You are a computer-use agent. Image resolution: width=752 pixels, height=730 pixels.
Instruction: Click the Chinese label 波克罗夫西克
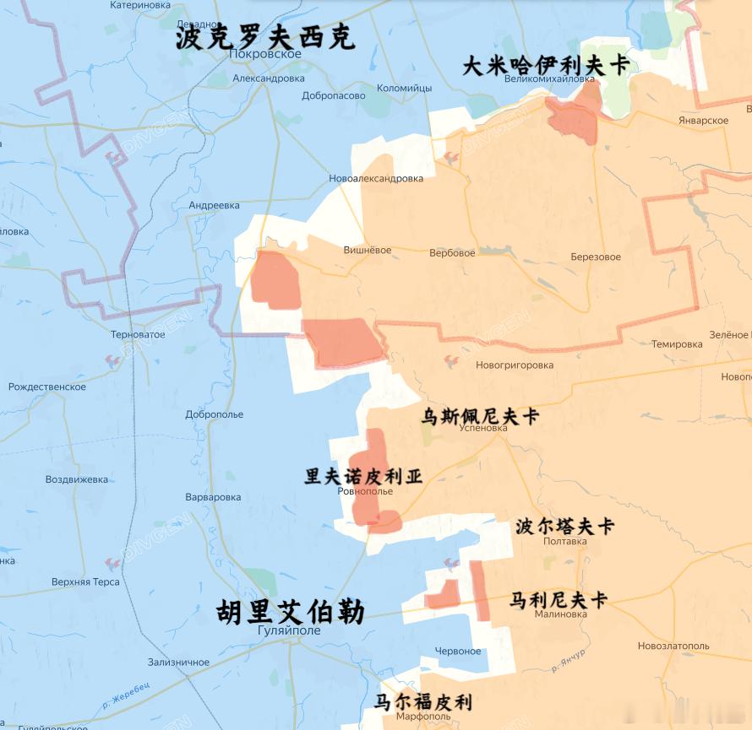click(x=264, y=37)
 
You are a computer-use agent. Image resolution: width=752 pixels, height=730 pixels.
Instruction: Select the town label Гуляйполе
click(x=289, y=630)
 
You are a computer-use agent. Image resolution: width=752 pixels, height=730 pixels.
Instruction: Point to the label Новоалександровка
click(x=376, y=178)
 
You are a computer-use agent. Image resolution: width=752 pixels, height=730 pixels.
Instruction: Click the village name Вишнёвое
click(x=368, y=250)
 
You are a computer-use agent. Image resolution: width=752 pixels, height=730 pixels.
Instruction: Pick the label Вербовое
click(x=452, y=252)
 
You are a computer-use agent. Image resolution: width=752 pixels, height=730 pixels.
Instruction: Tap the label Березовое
click(x=596, y=257)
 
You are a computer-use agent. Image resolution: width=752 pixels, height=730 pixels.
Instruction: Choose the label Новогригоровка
click(x=515, y=365)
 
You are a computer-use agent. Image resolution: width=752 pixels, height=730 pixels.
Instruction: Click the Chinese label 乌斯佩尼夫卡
click(x=480, y=415)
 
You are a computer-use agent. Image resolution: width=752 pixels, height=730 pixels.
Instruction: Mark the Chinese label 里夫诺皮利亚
click(x=363, y=476)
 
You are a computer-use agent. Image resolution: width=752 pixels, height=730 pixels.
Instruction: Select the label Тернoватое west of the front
click(x=138, y=334)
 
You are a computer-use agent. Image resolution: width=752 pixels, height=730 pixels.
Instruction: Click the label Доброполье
click(x=215, y=414)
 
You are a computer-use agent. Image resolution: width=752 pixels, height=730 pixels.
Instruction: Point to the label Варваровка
click(x=213, y=497)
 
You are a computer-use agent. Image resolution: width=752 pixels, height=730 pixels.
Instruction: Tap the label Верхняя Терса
click(x=85, y=581)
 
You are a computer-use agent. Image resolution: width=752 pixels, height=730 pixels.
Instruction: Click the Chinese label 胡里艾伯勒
click(x=290, y=612)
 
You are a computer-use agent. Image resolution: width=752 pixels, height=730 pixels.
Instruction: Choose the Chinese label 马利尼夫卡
click(x=559, y=601)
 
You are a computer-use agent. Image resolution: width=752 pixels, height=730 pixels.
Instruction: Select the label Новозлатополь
click(x=673, y=646)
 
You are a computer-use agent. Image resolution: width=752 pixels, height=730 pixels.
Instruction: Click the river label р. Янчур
click(x=568, y=662)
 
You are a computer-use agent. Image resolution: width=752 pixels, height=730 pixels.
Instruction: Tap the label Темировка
click(x=677, y=344)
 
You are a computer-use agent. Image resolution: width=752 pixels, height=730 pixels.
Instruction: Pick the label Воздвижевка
click(x=77, y=479)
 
